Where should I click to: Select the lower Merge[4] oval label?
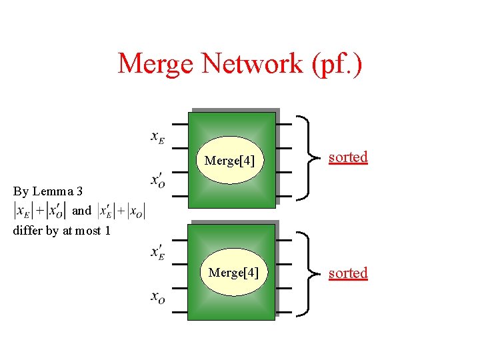(233, 273)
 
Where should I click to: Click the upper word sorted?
(348, 157)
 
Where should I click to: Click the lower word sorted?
(348, 273)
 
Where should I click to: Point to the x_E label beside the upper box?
(158, 137)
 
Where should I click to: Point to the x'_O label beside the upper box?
(159, 180)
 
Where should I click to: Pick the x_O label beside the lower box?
(158, 297)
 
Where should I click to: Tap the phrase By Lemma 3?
(48, 191)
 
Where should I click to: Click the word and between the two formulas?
(81, 211)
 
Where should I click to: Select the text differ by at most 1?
(61, 231)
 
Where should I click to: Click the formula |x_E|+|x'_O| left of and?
(40, 211)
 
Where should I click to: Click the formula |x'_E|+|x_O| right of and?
(121, 211)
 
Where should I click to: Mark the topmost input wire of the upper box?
(179, 124)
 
